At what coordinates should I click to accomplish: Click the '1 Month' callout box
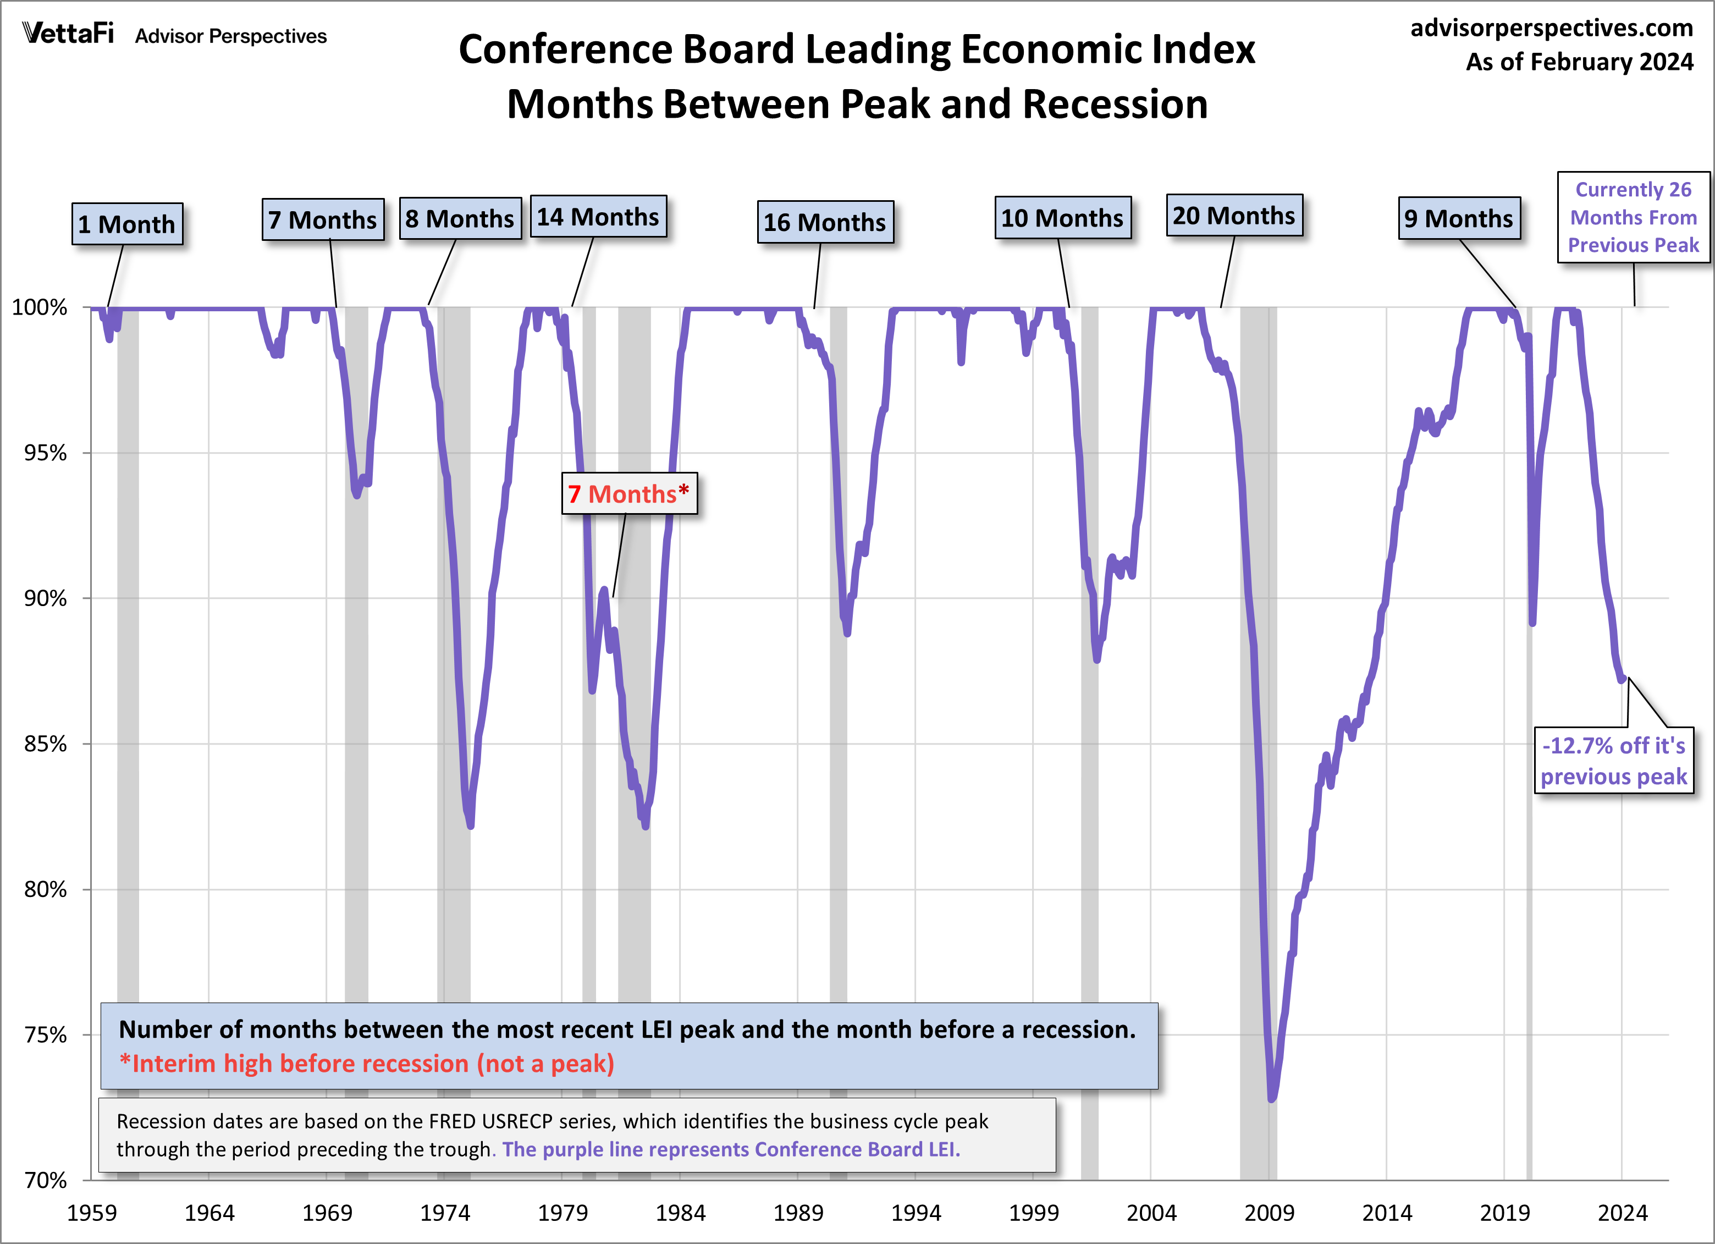127,224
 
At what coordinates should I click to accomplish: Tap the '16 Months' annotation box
825,222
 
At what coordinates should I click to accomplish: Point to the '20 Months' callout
1234,216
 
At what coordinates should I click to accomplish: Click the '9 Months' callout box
1459,218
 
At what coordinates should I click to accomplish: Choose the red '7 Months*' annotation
629,494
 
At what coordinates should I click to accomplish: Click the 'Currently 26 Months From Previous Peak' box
1633,217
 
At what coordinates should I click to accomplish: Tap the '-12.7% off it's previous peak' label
1614,761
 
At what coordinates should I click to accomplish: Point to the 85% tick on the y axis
46,744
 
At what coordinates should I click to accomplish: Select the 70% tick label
46,1180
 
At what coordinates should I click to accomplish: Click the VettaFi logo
68,34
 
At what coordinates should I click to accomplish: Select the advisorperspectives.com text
1552,28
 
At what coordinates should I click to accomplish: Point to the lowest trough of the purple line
1271,1098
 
